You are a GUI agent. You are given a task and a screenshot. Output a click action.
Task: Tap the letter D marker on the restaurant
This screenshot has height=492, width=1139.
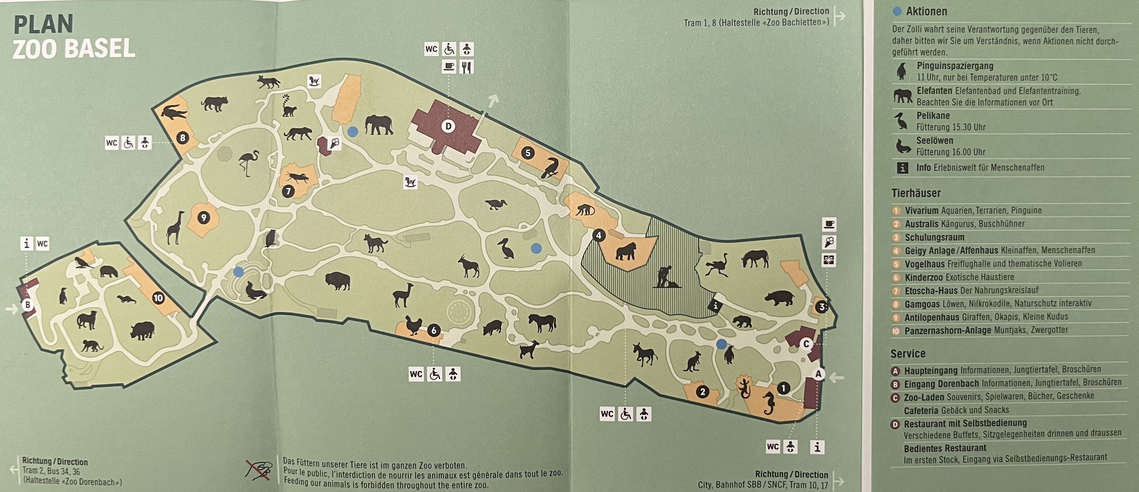pyautogui.click(x=448, y=126)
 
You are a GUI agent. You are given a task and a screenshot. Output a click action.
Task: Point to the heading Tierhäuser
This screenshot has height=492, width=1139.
pyautogui.click(x=916, y=193)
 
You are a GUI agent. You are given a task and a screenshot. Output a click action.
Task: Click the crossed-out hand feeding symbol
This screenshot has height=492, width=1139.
pyautogui.click(x=259, y=470)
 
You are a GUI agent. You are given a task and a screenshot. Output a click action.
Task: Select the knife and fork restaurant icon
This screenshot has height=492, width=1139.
pyautogui.click(x=467, y=67)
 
